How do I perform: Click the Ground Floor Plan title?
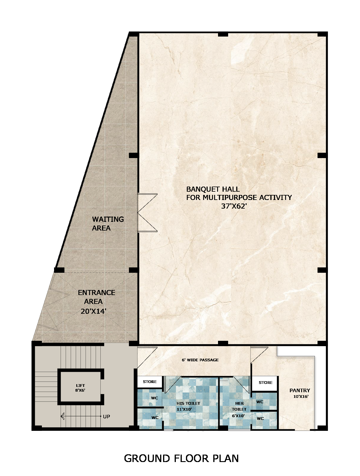[x=181, y=458]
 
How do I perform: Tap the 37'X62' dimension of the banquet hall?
[x=234, y=206]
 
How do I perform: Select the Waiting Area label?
[x=108, y=223]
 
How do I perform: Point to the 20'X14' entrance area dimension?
[x=94, y=311]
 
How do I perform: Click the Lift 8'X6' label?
[x=80, y=388]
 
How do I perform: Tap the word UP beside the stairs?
[x=106, y=417]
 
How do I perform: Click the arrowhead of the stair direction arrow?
[x=63, y=416]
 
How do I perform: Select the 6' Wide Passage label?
[x=200, y=360]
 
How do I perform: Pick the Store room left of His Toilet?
[x=150, y=382]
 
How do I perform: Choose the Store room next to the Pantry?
[x=265, y=383]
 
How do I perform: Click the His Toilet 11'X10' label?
[x=188, y=406]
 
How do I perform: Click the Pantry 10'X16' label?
[x=300, y=393]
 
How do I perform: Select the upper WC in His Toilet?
[x=154, y=398]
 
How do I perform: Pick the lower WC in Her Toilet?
[x=260, y=418]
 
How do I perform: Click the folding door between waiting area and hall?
[x=147, y=212]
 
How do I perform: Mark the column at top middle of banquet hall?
[x=223, y=34]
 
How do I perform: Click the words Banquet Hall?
[x=213, y=189]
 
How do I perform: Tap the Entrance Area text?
[x=96, y=297]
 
